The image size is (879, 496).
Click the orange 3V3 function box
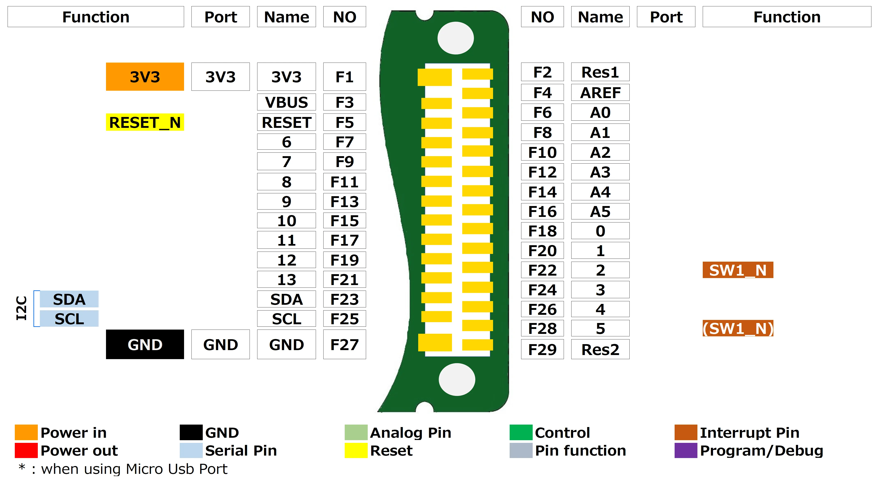[x=145, y=77]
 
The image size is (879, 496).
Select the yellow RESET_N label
[x=145, y=122]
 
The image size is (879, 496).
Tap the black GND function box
[x=145, y=344]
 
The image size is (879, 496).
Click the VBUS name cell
[x=286, y=102]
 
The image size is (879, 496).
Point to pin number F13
[x=344, y=202]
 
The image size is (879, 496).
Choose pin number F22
[x=542, y=270]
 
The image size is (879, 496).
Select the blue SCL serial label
[x=69, y=319]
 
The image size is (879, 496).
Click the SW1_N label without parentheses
[x=737, y=270]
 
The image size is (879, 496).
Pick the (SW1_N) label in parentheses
[x=737, y=329]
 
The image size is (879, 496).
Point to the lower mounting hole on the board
[x=457, y=379]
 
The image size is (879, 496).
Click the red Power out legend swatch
[x=26, y=450]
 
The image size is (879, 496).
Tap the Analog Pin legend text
[x=410, y=433]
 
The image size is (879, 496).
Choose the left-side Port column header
[x=220, y=17]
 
